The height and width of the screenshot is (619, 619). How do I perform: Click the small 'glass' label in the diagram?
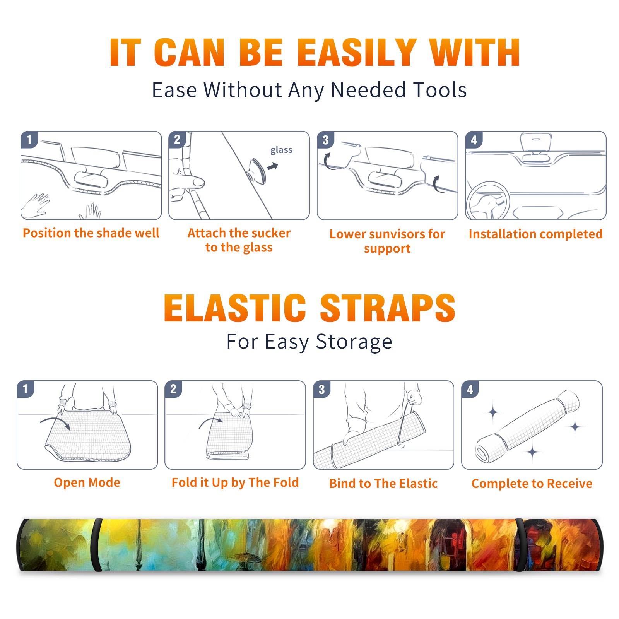click(x=281, y=150)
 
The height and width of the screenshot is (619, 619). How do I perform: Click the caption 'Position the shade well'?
click(x=91, y=233)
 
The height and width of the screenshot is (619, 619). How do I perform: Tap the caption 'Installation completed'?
click(x=535, y=234)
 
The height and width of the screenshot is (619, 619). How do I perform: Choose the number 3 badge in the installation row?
click(x=326, y=140)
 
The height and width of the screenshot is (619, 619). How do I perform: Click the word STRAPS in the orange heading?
click(x=388, y=308)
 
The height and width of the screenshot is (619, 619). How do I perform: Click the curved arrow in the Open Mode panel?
click(x=55, y=422)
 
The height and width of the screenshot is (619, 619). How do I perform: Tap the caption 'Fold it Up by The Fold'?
click(x=235, y=482)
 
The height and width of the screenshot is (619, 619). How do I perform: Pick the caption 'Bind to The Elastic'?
click(x=383, y=483)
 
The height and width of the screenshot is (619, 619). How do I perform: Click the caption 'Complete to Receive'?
click(x=532, y=483)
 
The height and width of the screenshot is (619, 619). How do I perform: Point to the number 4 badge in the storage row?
click(x=470, y=390)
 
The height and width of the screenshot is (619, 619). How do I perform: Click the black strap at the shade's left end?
click(x=96, y=545)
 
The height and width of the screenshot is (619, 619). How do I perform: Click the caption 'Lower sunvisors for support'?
click(x=387, y=241)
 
